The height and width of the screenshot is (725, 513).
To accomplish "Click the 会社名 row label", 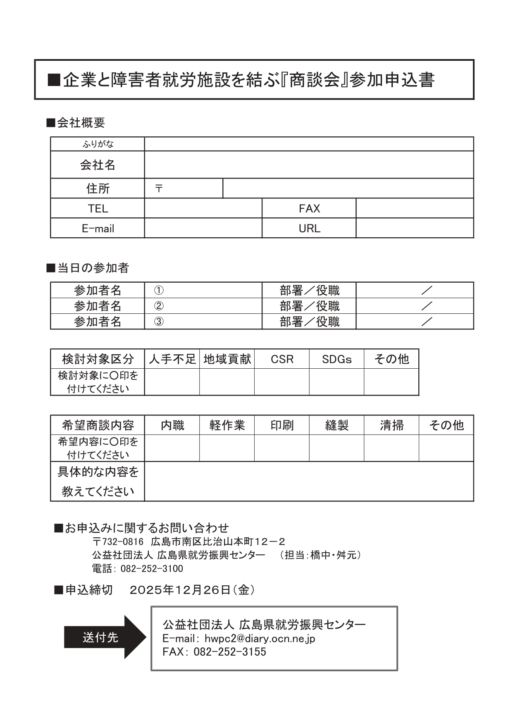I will point(98,165).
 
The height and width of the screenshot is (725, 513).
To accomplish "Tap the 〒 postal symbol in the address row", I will point(159,188).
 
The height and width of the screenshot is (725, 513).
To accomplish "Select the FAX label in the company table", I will point(309,208).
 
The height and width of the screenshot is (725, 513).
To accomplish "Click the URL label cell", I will point(309,228).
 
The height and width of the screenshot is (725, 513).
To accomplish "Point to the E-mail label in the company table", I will point(98,228).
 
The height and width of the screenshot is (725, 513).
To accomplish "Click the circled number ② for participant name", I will point(159,306).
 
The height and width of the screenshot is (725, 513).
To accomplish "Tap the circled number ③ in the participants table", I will point(159,322).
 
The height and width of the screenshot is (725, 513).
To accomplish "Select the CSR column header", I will point(282,359).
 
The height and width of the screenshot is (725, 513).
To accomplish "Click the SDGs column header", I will point(336,359).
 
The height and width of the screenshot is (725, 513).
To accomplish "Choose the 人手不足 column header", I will point(172,359).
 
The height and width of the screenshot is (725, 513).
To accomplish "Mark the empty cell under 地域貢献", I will point(227,382).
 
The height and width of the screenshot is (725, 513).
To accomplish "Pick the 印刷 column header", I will point(282,425).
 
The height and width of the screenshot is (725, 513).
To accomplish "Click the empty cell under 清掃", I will point(391,448).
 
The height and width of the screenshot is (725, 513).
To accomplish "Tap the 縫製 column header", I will point(336,425).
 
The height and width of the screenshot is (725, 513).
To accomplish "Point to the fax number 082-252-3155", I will point(230,652).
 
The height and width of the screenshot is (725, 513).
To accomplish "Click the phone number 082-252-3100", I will point(152,568).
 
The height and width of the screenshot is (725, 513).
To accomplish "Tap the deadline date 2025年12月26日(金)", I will point(192,590).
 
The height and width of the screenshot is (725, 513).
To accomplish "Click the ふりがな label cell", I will point(98,144).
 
